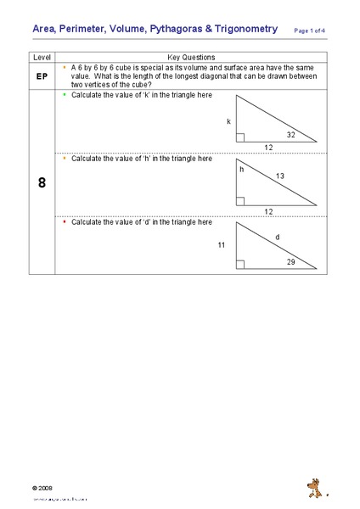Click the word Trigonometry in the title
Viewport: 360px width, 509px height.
pyautogui.click(x=245, y=29)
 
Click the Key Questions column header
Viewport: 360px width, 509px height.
pyautogui.click(x=190, y=57)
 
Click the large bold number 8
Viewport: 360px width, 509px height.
pyautogui.click(x=41, y=182)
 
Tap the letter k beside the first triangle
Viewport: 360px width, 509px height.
pyautogui.click(x=228, y=121)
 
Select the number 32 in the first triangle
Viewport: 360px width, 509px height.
pyautogui.click(x=291, y=135)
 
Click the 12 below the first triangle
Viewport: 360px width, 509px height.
pyautogui.click(x=268, y=148)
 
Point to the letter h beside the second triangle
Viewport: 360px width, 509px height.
pyautogui.click(x=241, y=169)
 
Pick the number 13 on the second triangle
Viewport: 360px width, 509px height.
pyautogui.click(x=279, y=176)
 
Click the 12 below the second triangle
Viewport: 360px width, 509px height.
pyautogui.click(x=268, y=210)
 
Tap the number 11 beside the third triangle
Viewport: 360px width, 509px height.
pyautogui.click(x=222, y=244)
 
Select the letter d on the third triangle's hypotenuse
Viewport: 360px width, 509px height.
pyautogui.click(x=277, y=238)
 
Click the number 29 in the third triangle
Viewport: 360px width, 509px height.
pyautogui.click(x=291, y=262)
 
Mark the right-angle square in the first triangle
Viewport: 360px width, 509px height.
pyautogui.click(x=241, y=137)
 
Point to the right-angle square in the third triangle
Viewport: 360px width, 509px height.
pyautogui.click(x=241, y=264)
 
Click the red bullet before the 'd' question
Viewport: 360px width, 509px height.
pyautogui.click(x=65, y=221)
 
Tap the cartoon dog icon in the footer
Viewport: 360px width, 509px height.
pyautogui.click(x=314, y=487)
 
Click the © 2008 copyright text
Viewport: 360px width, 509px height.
pyautogui.click(x=42, y=489)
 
